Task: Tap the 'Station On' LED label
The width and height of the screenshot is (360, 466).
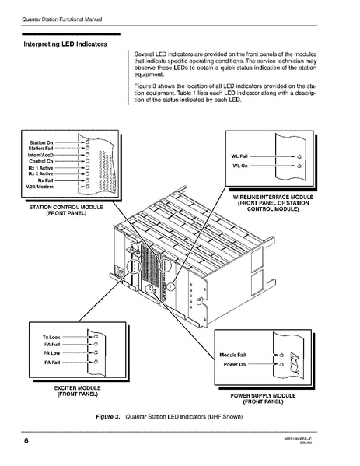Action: tap(41, 143)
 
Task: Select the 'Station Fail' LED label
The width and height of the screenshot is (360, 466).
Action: tap(41, 149)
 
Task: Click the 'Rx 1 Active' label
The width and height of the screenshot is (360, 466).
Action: tap(40, 167)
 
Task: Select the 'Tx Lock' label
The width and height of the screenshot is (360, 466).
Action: tap(51, 337)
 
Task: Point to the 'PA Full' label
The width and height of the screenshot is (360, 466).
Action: tap(52, 345)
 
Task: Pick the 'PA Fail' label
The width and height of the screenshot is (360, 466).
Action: tap(52, 363)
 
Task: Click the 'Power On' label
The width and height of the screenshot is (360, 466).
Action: tap(235, 364)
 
